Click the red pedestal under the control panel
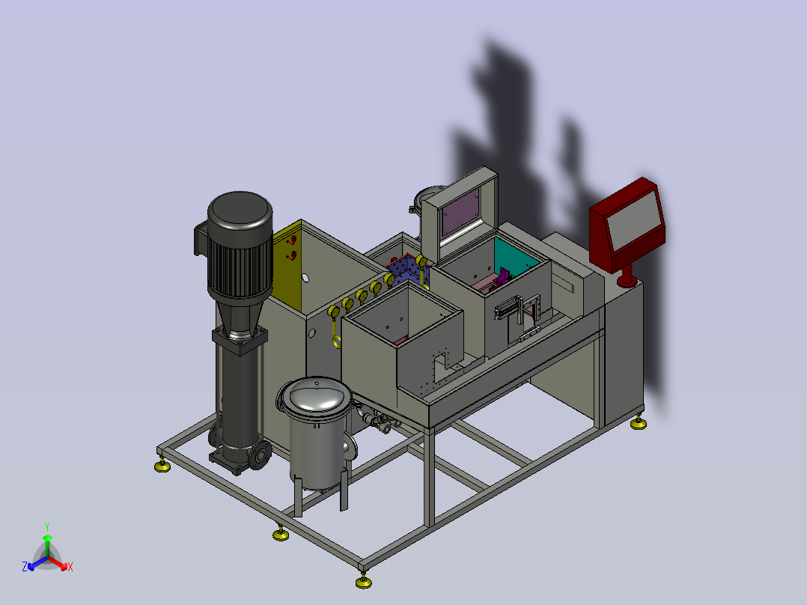[627, 276]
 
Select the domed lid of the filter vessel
[314, 395]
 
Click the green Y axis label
[47, 526]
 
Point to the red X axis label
[70, 567]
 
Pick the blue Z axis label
[25, 567]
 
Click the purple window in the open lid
[462, 211]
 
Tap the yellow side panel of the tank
[287, 266]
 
